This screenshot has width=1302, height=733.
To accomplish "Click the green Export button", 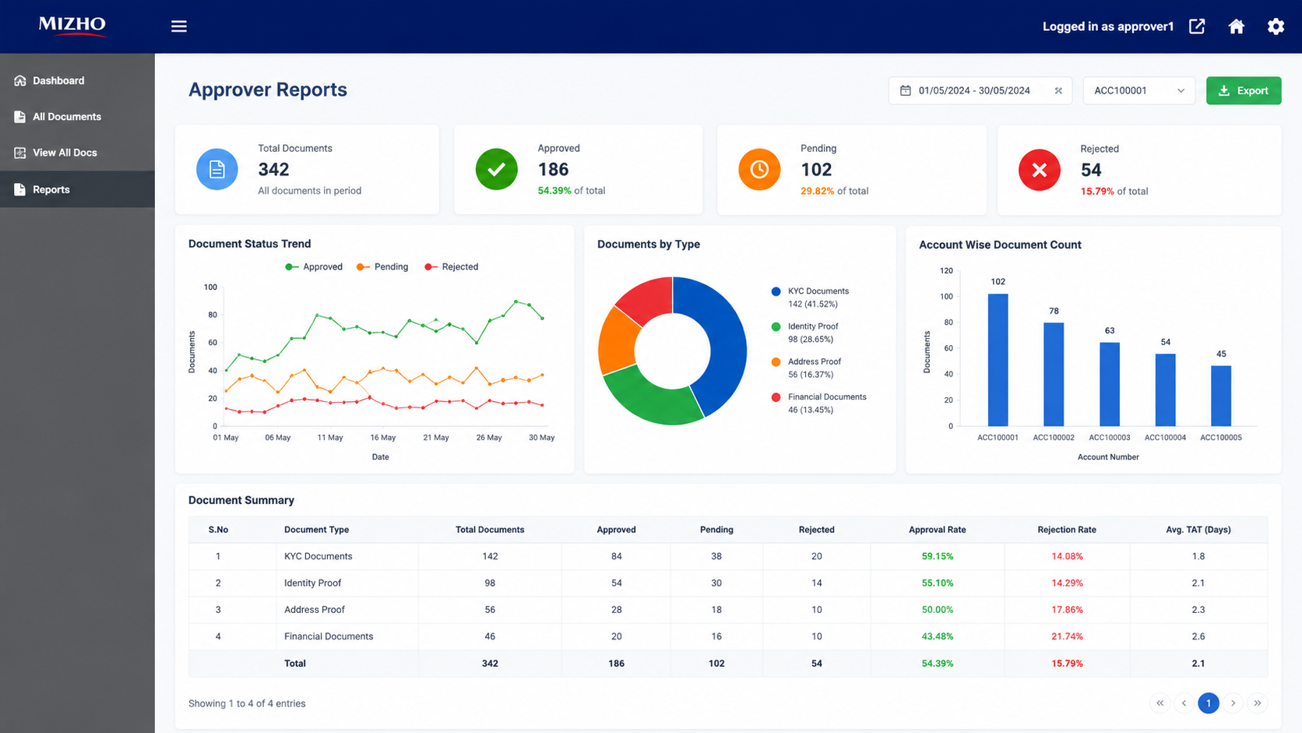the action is (1244, 90).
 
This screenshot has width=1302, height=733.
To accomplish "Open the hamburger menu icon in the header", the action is (178, 26).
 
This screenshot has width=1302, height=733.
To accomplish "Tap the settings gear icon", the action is (1276, 26).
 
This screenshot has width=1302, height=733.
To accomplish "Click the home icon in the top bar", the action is (1236, 26).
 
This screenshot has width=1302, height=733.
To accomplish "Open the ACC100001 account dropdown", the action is (1138, 90).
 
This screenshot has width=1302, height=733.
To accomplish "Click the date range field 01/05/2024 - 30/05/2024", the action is (980, 90).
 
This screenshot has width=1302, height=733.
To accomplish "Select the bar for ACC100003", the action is (1109, 384).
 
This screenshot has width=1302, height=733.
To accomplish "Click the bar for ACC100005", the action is (1221, 396).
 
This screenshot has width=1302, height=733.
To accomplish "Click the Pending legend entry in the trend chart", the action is (382, 267).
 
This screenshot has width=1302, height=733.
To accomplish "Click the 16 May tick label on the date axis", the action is (382, 438).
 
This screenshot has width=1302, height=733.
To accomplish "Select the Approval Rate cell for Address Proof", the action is (937, 610).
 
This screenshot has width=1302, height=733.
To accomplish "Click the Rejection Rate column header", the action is (1067, 530).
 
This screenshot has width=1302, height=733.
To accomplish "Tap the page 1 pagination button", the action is (1208, 703).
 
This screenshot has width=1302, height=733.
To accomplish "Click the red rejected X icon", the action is (1040, 170).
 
